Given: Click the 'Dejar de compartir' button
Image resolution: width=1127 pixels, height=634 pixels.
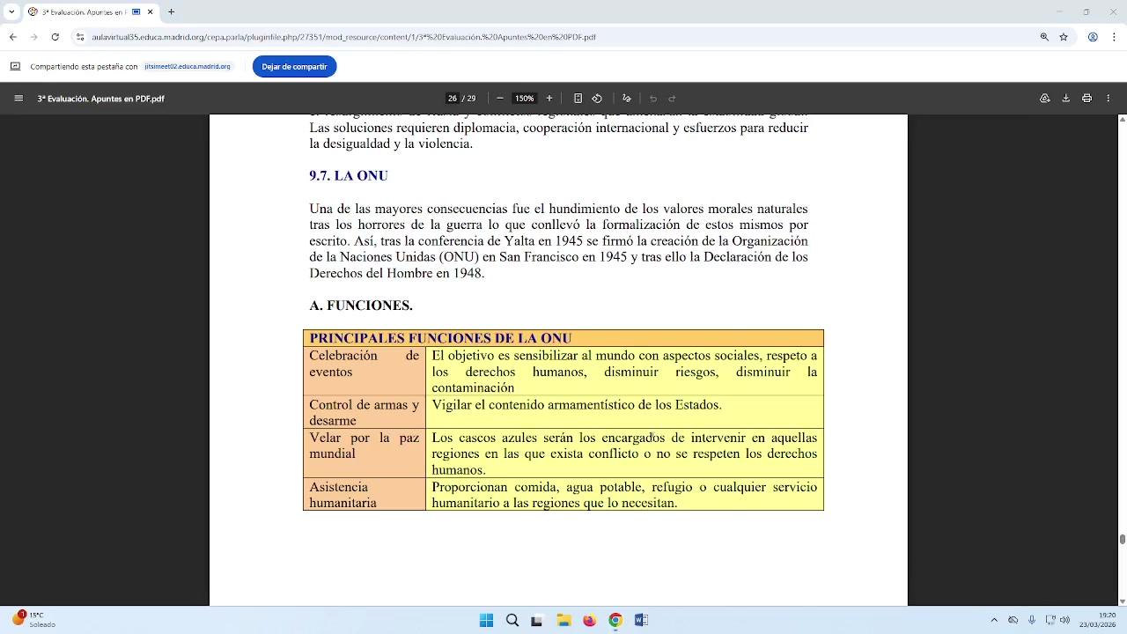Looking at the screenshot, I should coord(294,67).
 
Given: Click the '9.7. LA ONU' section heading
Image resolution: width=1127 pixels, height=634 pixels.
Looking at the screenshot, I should coord(349,176).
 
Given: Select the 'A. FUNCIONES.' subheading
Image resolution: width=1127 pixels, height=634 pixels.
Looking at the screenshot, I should coord(361,306).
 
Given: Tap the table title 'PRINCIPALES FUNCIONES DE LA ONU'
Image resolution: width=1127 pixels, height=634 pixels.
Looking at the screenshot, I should coord(440,338).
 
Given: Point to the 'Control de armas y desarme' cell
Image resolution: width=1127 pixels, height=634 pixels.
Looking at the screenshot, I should coord(364,412).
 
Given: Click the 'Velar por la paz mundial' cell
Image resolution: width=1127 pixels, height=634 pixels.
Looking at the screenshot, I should coord(364,446).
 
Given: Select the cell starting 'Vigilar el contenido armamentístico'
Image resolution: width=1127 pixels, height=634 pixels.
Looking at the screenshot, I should coord(577,405).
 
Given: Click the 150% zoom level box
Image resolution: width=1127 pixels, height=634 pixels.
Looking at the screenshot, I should coord(525,99).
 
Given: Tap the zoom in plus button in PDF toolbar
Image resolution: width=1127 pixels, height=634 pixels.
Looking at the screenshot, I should coord(549,99).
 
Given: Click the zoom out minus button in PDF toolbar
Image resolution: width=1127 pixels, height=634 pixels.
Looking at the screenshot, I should coord(500,99).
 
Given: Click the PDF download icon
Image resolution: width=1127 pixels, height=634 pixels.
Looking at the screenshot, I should coord(1065,99).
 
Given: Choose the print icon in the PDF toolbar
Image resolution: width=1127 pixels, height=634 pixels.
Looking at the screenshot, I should coord(1086,99).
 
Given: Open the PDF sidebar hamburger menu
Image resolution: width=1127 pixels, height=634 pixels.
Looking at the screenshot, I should coord(18,99).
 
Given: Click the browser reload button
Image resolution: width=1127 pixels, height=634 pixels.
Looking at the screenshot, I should coord(55,37).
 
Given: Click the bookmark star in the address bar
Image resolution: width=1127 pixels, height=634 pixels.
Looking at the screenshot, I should coord(1064,37).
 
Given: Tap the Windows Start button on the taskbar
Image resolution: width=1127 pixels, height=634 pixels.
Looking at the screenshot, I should coord(486,620).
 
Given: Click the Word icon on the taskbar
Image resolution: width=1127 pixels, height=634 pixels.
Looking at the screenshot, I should coord(641,620).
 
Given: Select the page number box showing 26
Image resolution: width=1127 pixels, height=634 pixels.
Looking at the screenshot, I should coord(453,99).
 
